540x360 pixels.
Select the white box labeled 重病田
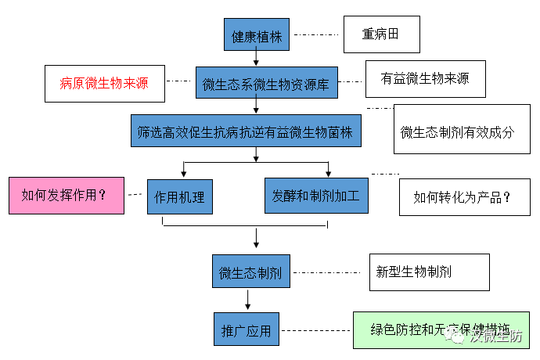(x=381, y=35)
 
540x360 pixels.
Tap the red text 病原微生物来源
(x=104, y=83)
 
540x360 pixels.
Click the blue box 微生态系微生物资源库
(x=267, y=83)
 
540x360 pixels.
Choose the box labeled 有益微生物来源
(x=425, y=80)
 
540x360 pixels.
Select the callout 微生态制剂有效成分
(x=457, y=130)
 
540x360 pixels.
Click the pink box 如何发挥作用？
(x=66, y=195)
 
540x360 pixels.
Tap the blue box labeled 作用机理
(x=180, y=196)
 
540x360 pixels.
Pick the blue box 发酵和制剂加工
(x=316, y=195)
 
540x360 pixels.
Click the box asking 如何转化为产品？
(x=457, y=197)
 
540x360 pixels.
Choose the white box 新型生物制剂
(x=429, y=272)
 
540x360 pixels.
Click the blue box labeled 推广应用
(x=247, y=330)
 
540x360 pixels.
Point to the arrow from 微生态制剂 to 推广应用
(x=248, y=300)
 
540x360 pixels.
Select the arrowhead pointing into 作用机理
(x=182, y=174)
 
